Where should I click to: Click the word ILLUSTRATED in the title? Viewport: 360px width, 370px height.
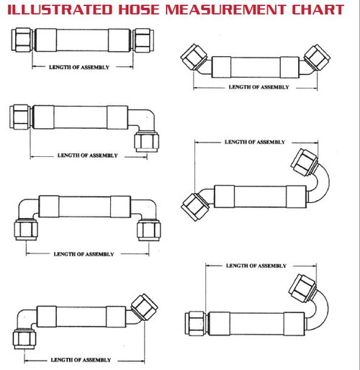click(x=58, y=10)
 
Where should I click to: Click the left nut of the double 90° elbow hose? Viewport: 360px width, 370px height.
click(x=26, y=230)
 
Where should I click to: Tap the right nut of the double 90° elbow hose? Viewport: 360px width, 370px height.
click(x=148, y=230)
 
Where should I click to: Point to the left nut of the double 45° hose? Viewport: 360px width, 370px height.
click(x=194, y=55)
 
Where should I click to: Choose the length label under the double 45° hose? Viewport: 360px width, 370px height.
click(x=258, y=87)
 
